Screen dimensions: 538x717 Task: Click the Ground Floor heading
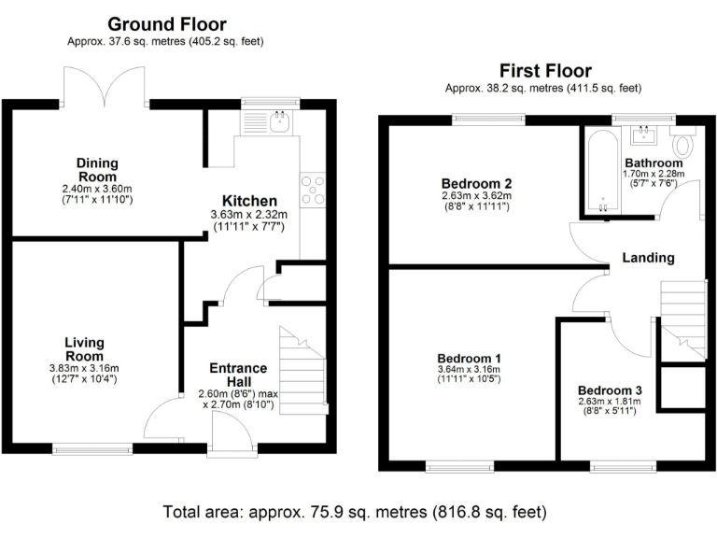pos(166,24)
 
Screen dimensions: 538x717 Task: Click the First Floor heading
pos(545,71)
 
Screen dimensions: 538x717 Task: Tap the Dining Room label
pos(97,170)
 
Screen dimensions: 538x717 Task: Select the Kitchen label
pos(249,201)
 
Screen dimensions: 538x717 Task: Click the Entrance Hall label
pos(237,375)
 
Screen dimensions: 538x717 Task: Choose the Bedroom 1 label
pos(471,358)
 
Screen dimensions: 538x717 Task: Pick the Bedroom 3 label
pos(610,389)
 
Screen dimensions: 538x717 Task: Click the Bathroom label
pos(654,163)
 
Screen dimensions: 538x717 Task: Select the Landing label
pos(649,258)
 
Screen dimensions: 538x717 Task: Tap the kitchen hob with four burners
pos(312,190)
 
